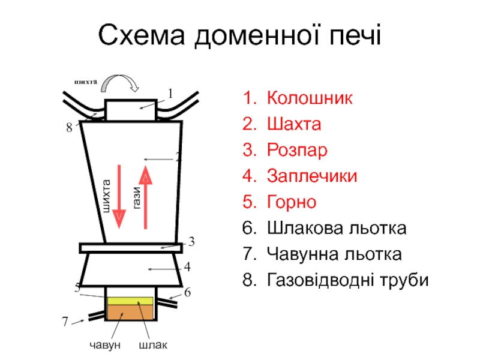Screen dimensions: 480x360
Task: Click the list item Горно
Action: point(292,202)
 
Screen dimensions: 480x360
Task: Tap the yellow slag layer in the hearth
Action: point(130,301)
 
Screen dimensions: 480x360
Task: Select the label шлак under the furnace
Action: point(153,346)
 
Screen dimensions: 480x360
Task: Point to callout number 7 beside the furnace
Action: point(65,322)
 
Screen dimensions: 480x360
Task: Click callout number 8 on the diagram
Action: point(70,128)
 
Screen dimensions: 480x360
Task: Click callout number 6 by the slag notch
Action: point(187,292)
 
